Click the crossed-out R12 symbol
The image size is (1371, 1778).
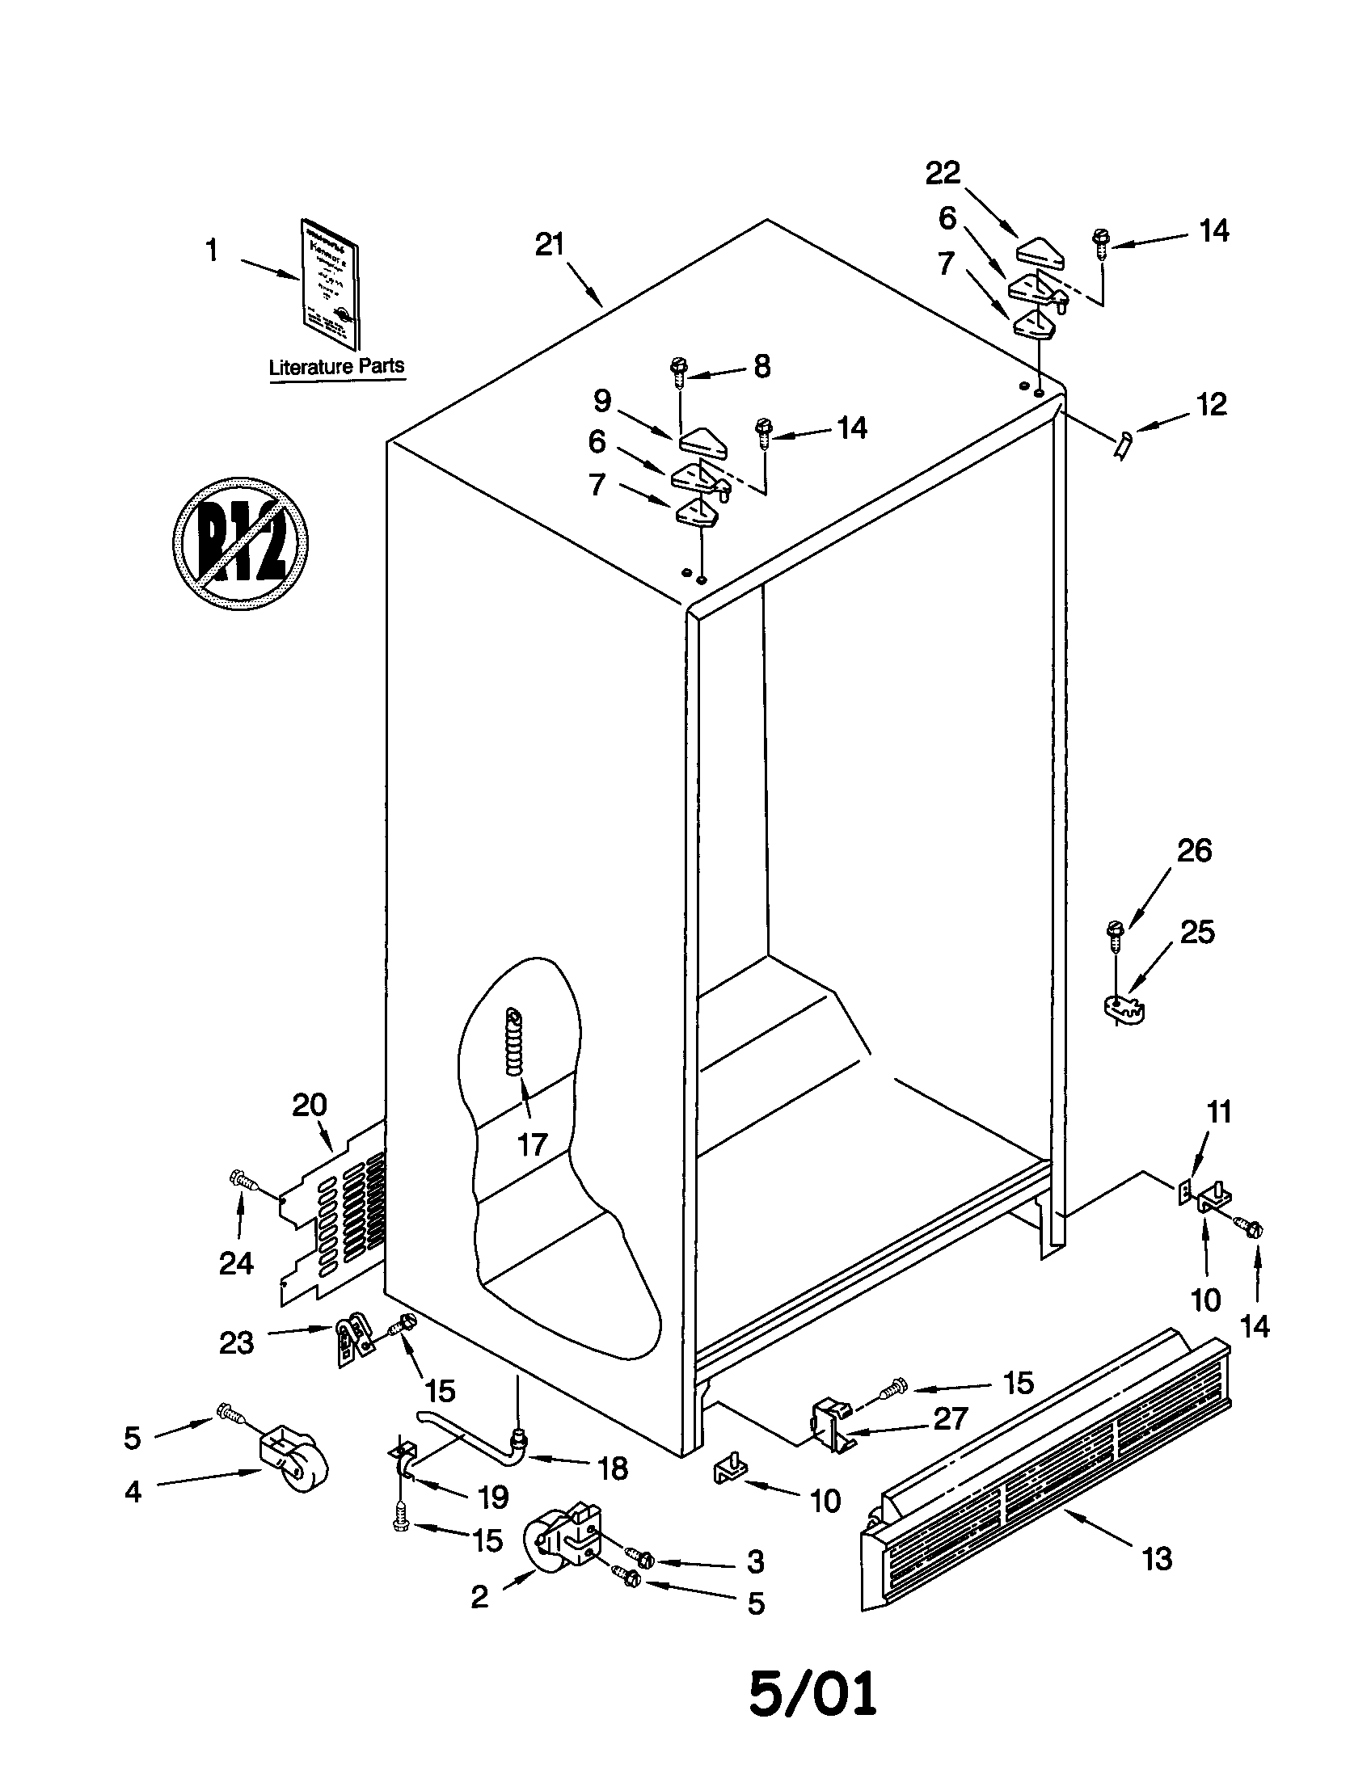pos(240,541)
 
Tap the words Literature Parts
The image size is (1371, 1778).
pos(336,366)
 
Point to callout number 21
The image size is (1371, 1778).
pos(549,244)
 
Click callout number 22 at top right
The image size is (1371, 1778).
pos(943,173)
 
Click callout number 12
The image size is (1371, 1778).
pos(1212,405)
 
